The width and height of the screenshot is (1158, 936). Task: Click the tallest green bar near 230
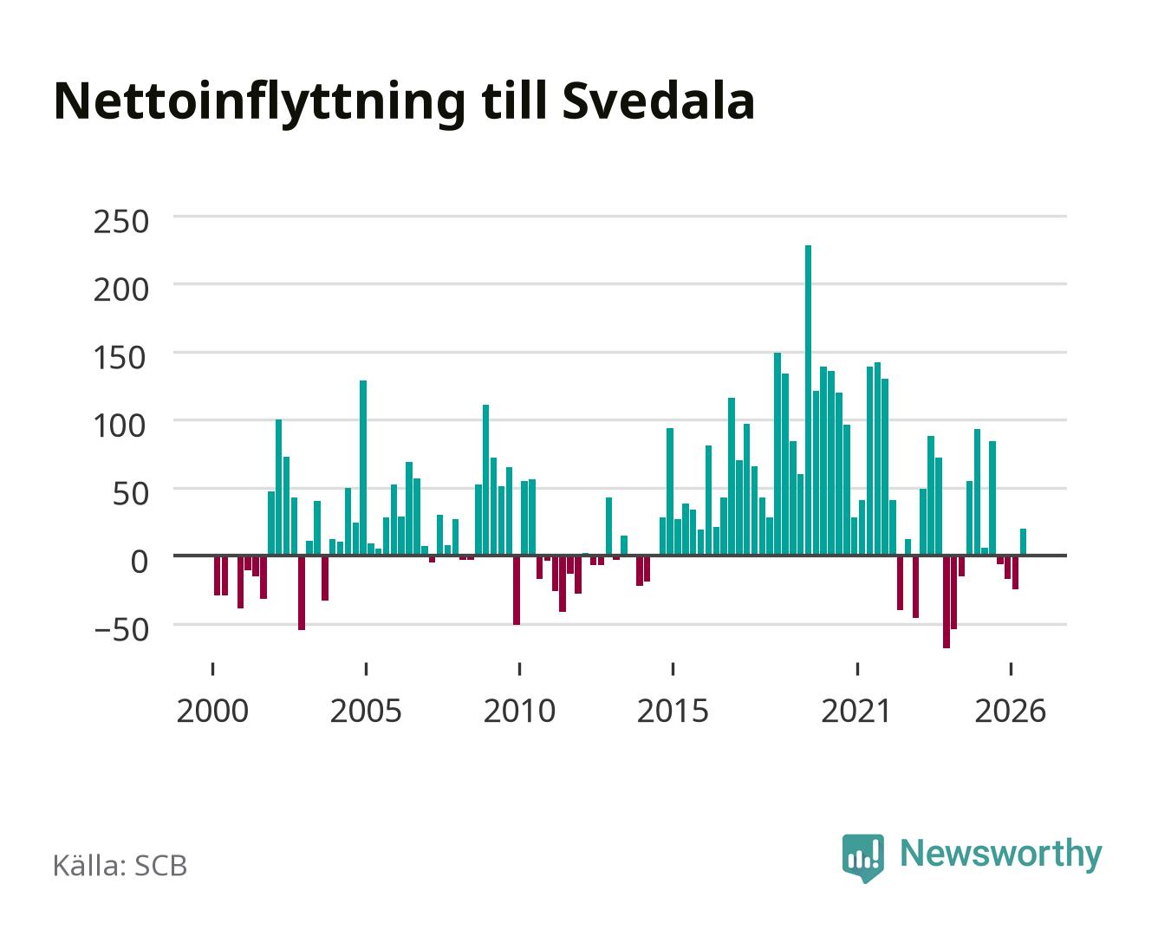click(x=808, y=400)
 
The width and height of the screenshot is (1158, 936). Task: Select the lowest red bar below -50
click(x=947, y=601)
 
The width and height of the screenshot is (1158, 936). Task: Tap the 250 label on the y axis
click(x=120, y=222)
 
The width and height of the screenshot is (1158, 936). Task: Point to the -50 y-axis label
click(x=120, y=631)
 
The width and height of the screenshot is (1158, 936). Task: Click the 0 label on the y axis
click(x=140, y=562)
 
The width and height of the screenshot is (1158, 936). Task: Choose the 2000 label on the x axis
click(x=212, y=711)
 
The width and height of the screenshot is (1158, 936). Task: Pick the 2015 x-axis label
click(x=673, y=711)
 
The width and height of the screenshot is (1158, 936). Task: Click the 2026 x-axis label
click(x=1010, y=711)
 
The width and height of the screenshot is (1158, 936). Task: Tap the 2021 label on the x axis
click(x=856, y=711)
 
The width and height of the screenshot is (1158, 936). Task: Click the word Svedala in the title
click(x=658, y=101)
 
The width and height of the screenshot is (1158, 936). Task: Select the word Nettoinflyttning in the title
click(x=259, y=103)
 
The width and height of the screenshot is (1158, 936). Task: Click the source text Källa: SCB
click(x=120, y=865)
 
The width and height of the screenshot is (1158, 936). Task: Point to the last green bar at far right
click(x=1023, y=542)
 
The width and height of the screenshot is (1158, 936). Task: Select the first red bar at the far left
click(x=217, y=575)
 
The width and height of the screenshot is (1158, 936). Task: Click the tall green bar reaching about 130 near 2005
click(x=363, y=468)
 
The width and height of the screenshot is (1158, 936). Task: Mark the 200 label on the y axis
click(x=120, y=289)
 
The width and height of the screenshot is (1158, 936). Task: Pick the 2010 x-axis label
click(x=519, y=711)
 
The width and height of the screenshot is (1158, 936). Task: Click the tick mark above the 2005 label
click(x=366, y=668)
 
